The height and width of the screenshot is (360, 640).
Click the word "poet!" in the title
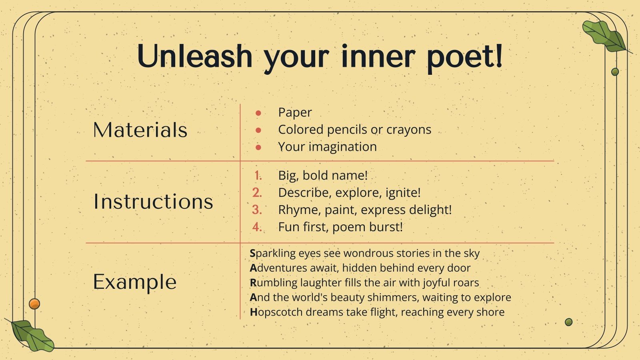tap(464, 57)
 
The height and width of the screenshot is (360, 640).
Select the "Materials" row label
tap(140, 130)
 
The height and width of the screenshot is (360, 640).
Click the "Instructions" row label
tap(153, 201)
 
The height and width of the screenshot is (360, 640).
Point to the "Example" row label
tap(135, 282)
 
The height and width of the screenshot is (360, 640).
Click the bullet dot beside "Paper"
tap(258, 113)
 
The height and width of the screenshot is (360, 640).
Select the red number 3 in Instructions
tap(257, 210)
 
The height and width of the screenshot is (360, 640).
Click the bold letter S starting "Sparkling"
tap(253, 253)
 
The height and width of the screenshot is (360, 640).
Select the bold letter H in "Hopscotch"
tap(254, 312)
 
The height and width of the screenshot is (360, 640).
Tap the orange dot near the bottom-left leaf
tap(34, 304)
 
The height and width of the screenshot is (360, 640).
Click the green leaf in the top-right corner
tap(604, 36)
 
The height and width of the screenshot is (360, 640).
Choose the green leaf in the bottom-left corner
tap(32, 336)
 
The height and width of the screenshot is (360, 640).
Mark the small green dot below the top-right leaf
tap(615, 72)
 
